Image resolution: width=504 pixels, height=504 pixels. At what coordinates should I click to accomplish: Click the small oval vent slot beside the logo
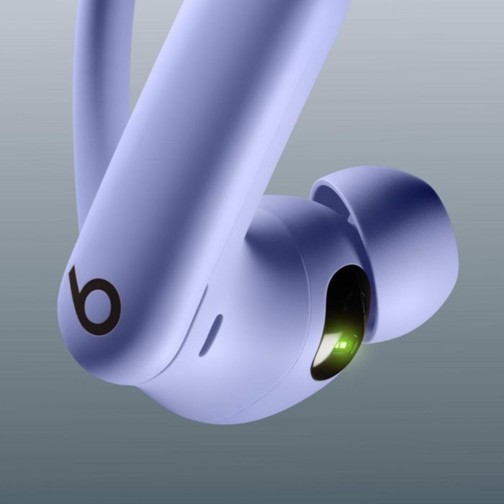210,334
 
